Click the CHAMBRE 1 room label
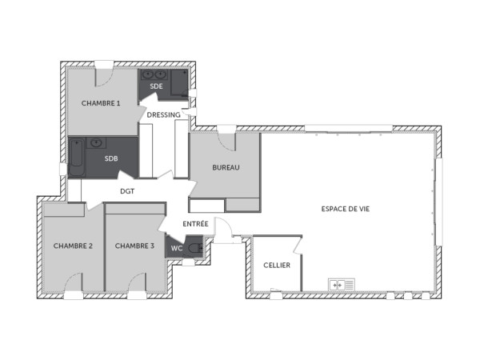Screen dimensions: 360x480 tap(101, 103)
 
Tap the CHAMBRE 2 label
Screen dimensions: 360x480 tap(74, 246)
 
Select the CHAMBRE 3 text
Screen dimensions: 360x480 tap(134, 246)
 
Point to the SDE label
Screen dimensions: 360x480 tap(156, 86)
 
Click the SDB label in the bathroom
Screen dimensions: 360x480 tap(111, 158)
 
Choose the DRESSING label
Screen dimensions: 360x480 tap(163, 115)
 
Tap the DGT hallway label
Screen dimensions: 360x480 tap(126, 191)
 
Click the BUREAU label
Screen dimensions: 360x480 tap(226, 167)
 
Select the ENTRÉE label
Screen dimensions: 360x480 tap(196, 223)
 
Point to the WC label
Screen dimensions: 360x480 tap(177, 248)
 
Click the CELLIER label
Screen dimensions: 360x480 tap(277, 266)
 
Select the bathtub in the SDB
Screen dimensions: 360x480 tap(77, 157)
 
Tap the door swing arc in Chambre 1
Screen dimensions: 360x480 tap(103, 77)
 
